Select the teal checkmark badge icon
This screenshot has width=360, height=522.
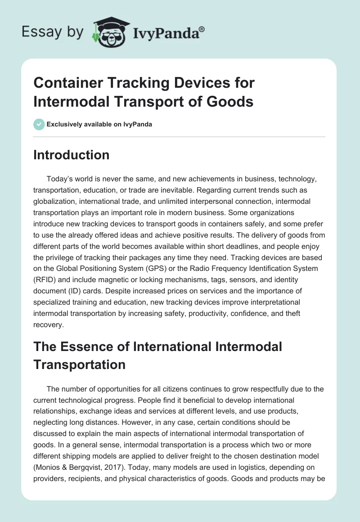click(39, 124)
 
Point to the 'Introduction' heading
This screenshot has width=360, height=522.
click(72, 155)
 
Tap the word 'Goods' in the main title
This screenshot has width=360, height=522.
click(231, 101)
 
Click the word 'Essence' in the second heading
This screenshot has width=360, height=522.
click(90, 346)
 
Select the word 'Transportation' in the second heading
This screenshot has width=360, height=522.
click(79, 364)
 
